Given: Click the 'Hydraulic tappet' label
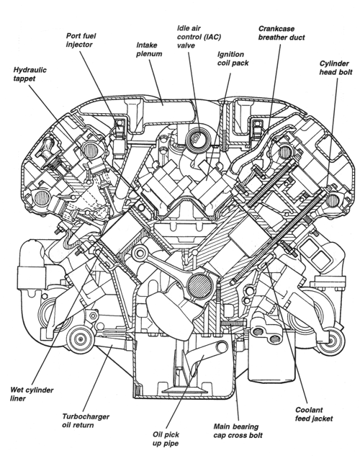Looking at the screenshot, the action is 30,74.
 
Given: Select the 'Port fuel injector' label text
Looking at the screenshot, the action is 81,40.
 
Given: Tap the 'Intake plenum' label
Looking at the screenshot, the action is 149,50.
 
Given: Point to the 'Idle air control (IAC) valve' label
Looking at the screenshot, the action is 199,37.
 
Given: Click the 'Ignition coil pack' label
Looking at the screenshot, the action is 233,58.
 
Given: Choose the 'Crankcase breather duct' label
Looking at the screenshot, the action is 282,33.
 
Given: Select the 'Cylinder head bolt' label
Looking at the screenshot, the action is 336,68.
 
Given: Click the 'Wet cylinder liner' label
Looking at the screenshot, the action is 32,394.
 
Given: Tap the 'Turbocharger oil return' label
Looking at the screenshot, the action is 86,421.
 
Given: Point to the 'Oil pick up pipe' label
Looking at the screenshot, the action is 166,439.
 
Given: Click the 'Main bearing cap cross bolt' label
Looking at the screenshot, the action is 238,431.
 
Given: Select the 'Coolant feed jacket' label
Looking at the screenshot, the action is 314,414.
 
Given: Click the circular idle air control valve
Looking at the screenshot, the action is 197,137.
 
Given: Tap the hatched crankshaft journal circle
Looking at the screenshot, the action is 200,286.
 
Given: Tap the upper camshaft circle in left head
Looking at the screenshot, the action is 90,149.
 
